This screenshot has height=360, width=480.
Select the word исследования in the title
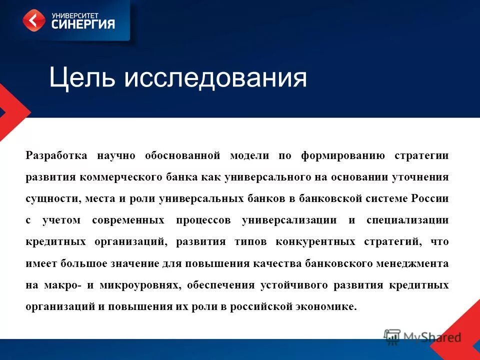coord(215,78)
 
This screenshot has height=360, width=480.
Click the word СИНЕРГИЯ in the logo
coord(83,23)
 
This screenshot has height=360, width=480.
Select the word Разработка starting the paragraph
coord(56,155)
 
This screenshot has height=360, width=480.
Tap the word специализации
coord(407,220)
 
